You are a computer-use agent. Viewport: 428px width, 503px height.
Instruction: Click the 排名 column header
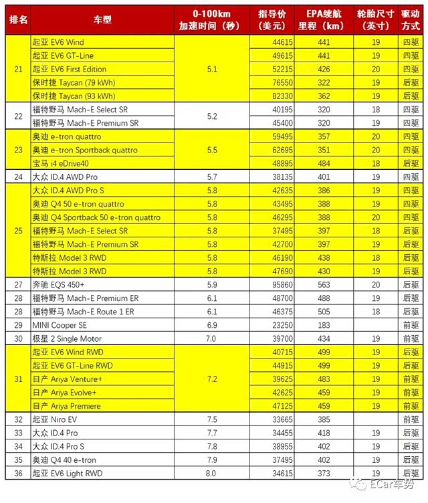pos(17,19)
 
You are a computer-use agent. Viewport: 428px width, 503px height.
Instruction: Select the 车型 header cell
pos(102,19)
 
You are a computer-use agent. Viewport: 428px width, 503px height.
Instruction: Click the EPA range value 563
pos(324,284)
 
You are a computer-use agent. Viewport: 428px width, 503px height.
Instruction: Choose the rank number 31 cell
pos(17,379)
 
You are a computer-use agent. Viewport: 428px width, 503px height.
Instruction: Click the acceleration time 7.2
pos(211,379)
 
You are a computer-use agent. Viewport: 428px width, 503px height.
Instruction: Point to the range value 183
pos(324,325)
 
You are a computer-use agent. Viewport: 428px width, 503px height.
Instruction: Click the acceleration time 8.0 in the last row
pos(211,474)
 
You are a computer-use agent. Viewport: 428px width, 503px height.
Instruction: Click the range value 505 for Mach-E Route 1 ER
pos(324,312)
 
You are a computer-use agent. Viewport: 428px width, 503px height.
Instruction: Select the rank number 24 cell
pos(17,177)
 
